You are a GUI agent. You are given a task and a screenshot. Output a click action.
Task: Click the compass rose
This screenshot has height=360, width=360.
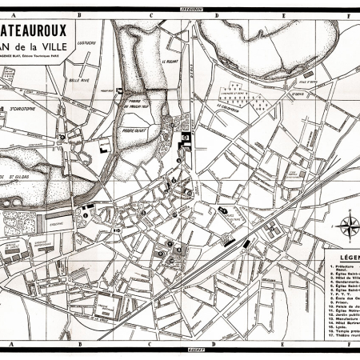tap(349, 225)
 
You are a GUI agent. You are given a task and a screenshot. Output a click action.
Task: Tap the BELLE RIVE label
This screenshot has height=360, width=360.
tap(80, 81)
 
